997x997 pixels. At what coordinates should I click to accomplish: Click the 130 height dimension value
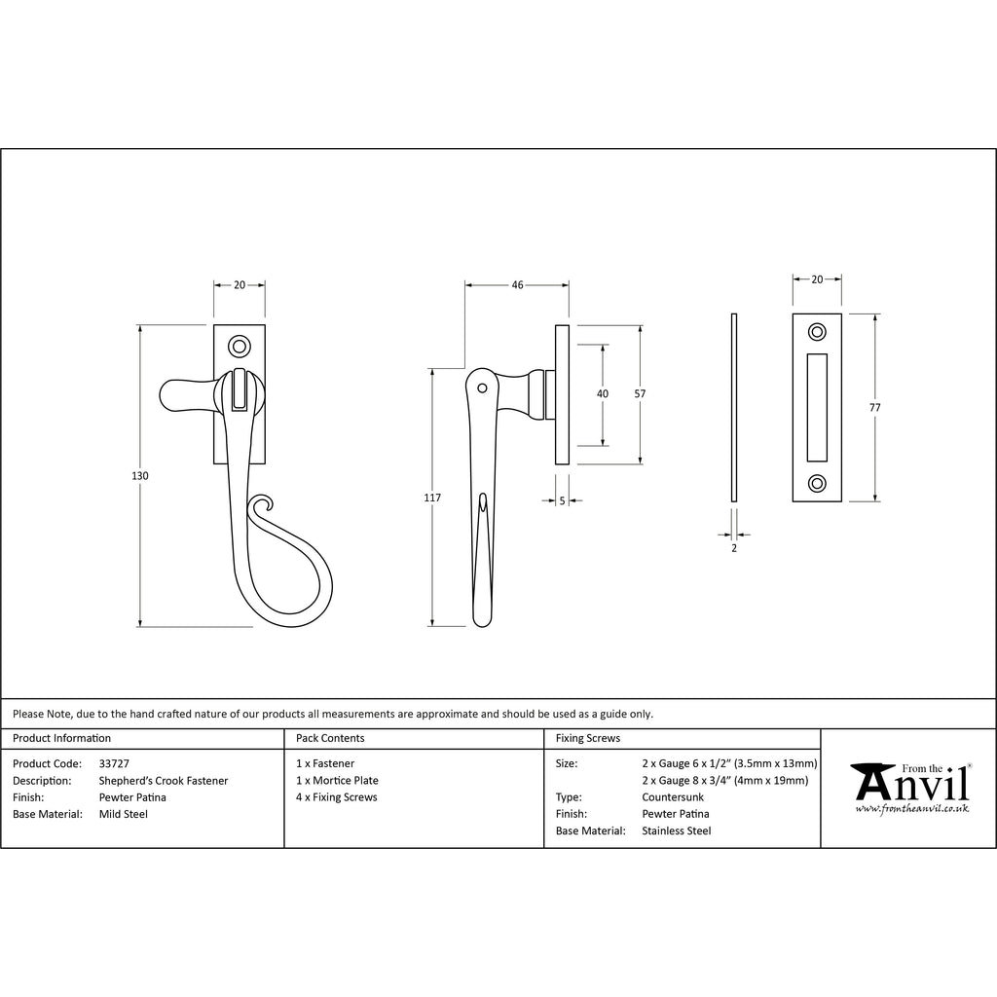pyautogui.click(x=140, y=476)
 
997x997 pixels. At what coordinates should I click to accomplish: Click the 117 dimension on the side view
pyautogui.click(x=432, y=498)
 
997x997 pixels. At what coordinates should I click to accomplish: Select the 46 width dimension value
pyautogui.click(x=517, y=285)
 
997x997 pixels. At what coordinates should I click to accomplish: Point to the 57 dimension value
pyautogui.click(x=640, y=393)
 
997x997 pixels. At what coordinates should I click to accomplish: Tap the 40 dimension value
pyautogui.click(x=603, y=393)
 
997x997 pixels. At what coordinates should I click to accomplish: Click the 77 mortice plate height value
pyautogui.click(x=874, y=408)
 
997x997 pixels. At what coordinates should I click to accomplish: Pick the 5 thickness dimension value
pyautogui.click(x=563, y=500)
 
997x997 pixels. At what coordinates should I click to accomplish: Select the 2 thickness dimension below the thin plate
pyautogui.click(x=734, y=549)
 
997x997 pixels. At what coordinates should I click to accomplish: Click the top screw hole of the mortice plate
pyautogui.click(x=817, y=332)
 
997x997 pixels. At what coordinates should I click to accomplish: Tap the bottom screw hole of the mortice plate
pyautogui.click(x=817, y=482)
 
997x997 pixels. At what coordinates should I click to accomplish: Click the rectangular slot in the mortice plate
pyautogui.click(x=817, y=407)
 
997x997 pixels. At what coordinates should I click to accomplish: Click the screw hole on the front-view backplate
pyautogui.click(x=238, y=346)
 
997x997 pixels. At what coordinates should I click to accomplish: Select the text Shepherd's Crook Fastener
pyautogui.click(x=164, y=781)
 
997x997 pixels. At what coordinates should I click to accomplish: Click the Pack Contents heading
pyautogui.click(x=330, y=738)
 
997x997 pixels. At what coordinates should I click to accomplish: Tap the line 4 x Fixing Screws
pyautogui.click(x=336, y=797)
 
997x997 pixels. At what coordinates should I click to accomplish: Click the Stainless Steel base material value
pyautogui.click(x=677, y=831)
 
